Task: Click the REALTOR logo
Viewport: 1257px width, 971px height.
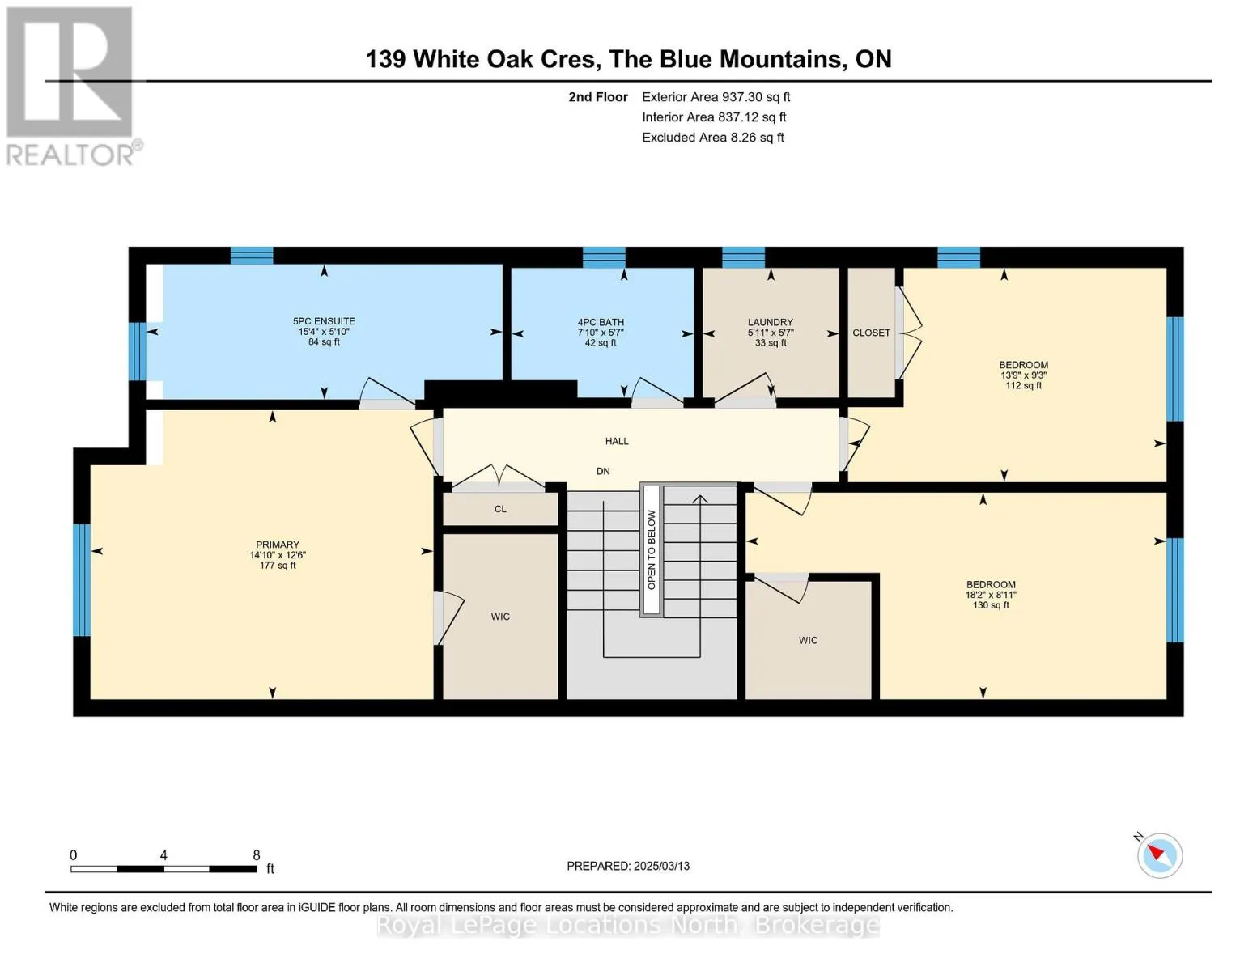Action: coord(72,87)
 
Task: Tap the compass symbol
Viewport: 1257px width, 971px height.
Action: coord(1159,855)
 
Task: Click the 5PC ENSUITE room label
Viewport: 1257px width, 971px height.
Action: coord(324,321)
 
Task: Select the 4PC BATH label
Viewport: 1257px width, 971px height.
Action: coord(601,322)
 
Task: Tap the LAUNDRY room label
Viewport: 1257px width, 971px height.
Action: coord(770,322)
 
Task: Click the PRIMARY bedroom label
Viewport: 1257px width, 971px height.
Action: coord(278,545)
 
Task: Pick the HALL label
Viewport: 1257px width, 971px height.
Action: coord(617,441)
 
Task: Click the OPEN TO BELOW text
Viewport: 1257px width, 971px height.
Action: coord(652,549)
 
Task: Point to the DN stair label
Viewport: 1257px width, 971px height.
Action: coord(603,471)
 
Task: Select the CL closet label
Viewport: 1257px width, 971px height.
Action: coord(500,509)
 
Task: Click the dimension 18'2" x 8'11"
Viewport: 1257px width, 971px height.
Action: coord(991,595)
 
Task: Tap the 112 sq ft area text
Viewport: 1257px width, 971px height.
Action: coord(1023,385)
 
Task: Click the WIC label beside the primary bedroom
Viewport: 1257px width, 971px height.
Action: coord(500,617)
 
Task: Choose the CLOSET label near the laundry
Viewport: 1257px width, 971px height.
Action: coord(871,333)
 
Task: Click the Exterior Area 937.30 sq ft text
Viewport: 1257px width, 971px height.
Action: coord(716,97)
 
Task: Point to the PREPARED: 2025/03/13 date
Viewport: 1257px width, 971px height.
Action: coord(628,866)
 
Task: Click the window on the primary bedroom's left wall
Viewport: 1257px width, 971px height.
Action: coord(82,580)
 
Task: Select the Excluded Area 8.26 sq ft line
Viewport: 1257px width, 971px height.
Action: coord(712,138)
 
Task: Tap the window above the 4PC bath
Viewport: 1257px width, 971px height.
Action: coord(604,257)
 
